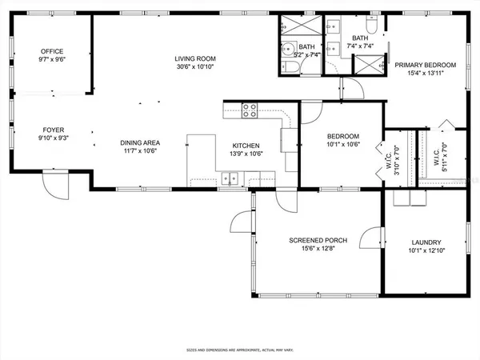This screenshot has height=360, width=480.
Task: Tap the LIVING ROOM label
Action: (196, 58)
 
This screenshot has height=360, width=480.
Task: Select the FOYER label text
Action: (53, 129)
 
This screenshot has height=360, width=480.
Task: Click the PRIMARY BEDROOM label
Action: (425, 65)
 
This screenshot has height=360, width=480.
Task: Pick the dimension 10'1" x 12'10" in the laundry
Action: (426, 251)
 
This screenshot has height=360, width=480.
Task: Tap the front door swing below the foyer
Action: (54, 187)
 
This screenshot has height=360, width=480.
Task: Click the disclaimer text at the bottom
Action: (240, 350)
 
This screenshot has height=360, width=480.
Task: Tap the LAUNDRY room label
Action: (426, 242)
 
